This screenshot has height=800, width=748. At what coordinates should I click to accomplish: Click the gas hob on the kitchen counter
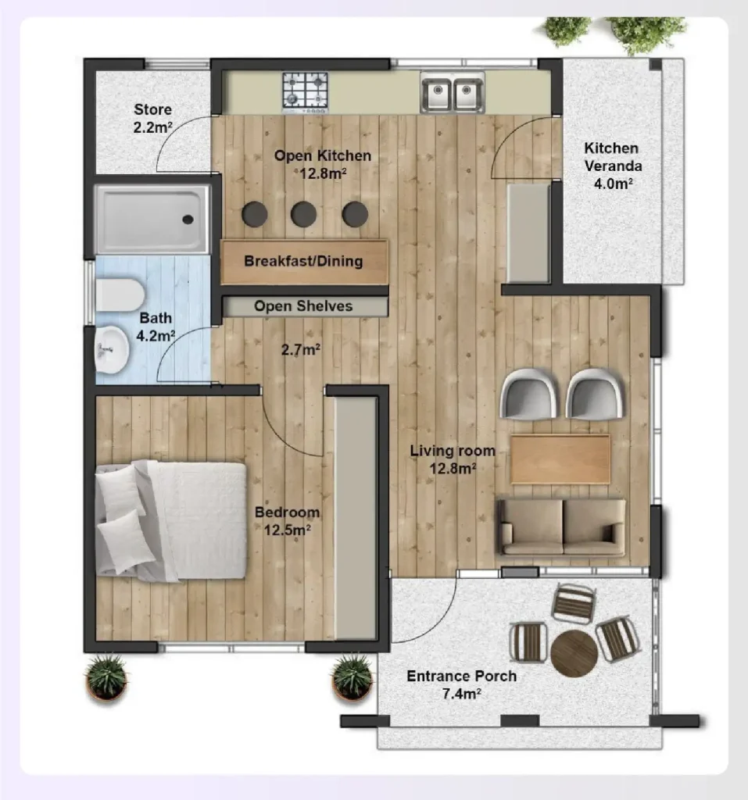pos(305,90)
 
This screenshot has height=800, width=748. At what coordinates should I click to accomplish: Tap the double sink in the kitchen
pos(452,94)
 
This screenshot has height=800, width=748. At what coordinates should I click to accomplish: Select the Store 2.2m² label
pos(152,119)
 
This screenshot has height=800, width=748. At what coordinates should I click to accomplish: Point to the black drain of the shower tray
pos(188,220)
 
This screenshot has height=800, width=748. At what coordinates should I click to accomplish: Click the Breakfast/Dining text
pos(303,261)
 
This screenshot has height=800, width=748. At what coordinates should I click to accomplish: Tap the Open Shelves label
pos(303,306)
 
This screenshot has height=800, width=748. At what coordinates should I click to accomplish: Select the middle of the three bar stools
pos(304,213)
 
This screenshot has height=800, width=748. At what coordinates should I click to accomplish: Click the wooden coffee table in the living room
pos(560,459)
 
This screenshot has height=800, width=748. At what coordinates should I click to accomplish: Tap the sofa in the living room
pos(562,527)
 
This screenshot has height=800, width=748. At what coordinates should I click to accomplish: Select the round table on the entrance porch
pos(574,652)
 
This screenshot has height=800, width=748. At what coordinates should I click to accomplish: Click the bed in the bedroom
pos(172,520)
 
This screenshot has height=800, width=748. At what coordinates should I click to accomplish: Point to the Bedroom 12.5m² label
pos(288,520)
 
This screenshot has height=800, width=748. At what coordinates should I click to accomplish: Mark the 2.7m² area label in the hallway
pos(301,350)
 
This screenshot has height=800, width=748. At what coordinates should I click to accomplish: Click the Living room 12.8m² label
pos(453,459)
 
